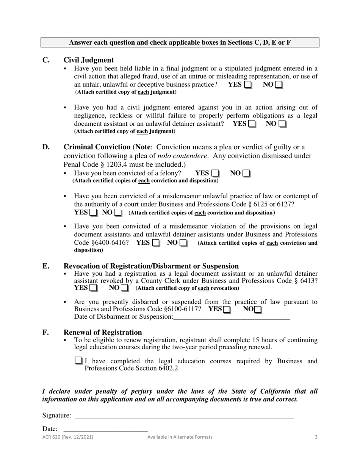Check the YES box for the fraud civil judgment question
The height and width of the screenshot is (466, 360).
[248, 85]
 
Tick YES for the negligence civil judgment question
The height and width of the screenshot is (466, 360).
[252, 124]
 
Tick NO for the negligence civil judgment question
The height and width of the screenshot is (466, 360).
[282, 124]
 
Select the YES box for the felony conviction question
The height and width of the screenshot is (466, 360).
[215, 174]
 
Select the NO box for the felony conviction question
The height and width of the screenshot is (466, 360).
[246, 174]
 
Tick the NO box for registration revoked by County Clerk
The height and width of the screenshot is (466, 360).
[124, 288]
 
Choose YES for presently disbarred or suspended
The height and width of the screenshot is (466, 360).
[227, 310]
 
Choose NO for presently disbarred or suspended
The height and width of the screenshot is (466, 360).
[258, 310]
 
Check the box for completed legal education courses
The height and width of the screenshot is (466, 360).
[78, 361]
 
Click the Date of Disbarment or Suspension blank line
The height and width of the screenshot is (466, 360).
[231, 317]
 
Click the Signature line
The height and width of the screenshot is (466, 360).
[184, 416]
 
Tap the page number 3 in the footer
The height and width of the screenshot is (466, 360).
[316, 437]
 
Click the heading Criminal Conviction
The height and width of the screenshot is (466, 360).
[97, 147]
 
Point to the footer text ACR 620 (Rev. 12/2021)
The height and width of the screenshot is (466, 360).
[68, 437]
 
